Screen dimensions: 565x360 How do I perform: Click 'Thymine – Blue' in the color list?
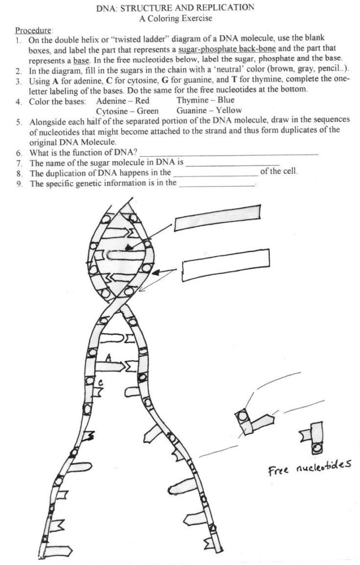(206, 100)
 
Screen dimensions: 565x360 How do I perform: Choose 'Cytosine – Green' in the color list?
(127, 110)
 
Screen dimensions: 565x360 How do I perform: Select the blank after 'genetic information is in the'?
(217, 184)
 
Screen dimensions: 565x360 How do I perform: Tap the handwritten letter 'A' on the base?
(109, 358)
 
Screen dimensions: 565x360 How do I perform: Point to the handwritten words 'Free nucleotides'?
(309, 468)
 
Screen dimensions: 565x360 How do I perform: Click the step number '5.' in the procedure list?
(19, 121)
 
